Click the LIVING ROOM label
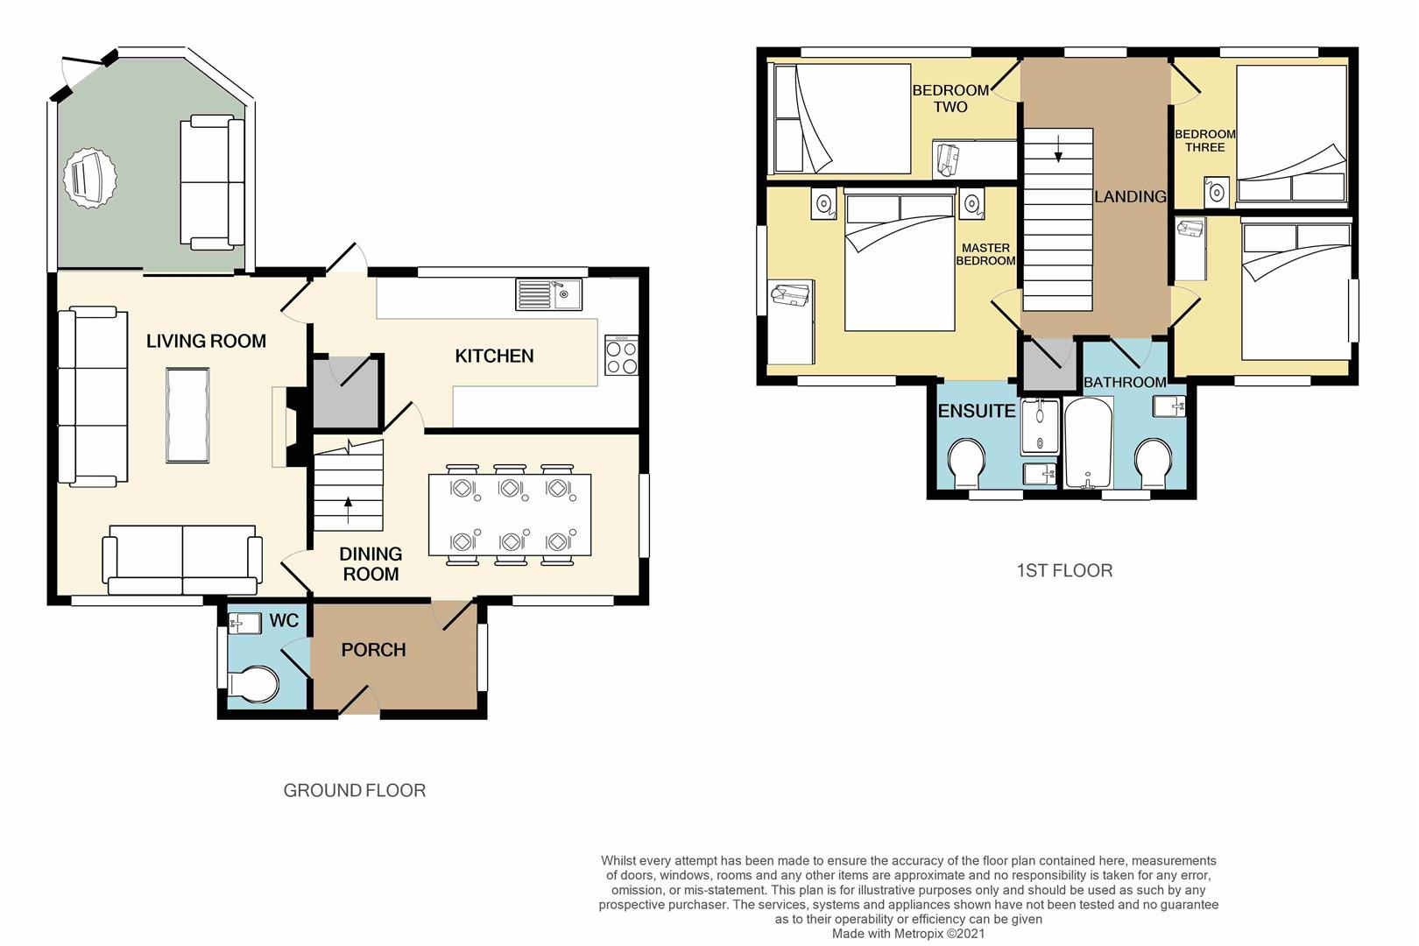pos(206,342)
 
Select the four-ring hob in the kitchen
pos(621,356)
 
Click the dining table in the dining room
pos(509,514)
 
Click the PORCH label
pos(373,650)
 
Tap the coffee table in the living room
pos(187,415)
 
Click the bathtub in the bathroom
pos(1088,442)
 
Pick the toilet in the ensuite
pos(966,462)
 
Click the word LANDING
pos(1130,197)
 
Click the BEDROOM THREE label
pos(1204,140)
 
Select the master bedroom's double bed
pos(900,263)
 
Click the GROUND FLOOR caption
pos(354,791)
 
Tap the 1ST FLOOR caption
pos(1064,571)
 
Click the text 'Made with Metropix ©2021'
pos(908,934)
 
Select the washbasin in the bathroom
pos(1169,406)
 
